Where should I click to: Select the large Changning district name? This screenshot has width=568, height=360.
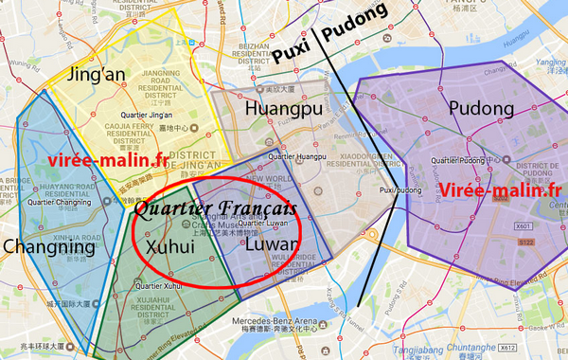point(49,248)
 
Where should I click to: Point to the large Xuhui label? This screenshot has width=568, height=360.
point(171,244)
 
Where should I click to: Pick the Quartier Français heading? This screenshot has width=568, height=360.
point(215,207)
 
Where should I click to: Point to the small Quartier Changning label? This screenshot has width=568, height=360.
point(61,202)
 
